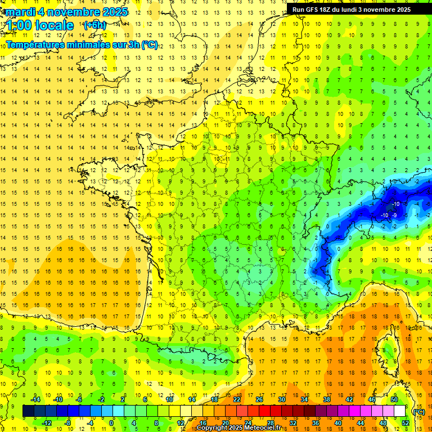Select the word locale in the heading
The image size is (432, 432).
(54, 25)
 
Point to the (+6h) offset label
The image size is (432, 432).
(94, 25)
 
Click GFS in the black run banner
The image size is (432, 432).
(314, 10)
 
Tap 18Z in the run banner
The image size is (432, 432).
(330, 10)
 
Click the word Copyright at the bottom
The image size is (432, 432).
(213, 428)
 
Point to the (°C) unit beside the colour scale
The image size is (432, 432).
(418, 412)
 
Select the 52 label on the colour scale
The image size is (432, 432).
(406, 423)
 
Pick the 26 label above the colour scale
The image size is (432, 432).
(259, 399)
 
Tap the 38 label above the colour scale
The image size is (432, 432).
(326, 399)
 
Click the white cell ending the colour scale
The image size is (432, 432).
(399, 411)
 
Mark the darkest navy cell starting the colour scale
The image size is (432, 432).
(28, 411)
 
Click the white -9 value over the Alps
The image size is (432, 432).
(395, 215)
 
